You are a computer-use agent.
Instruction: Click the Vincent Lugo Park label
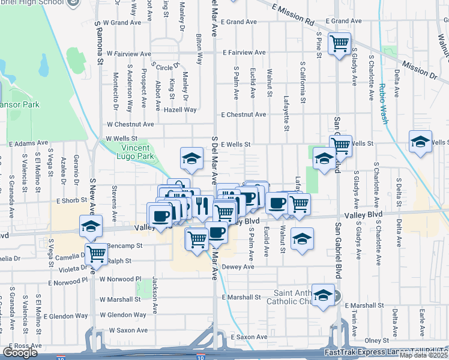coord(139,152)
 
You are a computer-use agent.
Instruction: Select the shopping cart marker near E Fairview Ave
coord(340,43)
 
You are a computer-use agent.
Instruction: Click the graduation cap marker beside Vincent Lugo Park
coord(191,158)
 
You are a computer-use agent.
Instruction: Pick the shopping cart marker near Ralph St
coord(96,254)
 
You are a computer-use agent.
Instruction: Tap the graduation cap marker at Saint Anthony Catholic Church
coord(323,295)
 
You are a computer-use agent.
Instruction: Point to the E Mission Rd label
coord(292,15)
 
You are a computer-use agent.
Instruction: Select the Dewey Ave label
coord(235,267)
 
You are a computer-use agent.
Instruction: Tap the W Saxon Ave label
coord(128,330)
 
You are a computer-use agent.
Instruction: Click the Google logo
coord(20,353)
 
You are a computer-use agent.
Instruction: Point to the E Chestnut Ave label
coord(243,115)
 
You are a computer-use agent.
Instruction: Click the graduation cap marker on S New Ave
coord(91,226)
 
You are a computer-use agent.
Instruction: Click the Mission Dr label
coord(420,70)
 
